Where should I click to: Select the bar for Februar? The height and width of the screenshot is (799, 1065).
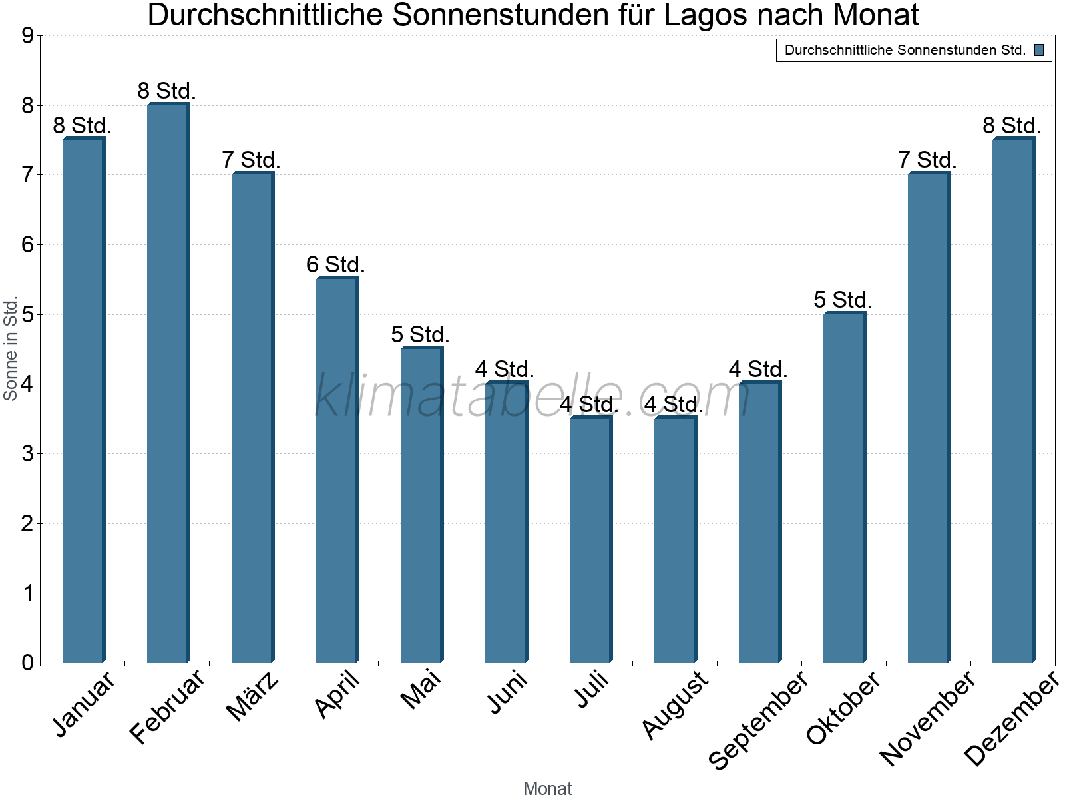[168, 383]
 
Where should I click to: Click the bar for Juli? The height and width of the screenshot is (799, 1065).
[590, 539]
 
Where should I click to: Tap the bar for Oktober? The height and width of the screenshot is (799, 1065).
[844, 487]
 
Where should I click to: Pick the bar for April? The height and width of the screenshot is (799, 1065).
[337, 470]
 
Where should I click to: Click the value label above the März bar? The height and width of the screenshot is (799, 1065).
[251, 160]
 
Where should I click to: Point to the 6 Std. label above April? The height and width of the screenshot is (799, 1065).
[335, 265]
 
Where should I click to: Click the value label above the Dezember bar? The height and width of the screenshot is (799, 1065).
[1012, 126]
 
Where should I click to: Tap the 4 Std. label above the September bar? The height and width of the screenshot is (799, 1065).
[758, 370]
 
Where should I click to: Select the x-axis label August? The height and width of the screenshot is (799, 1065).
[675, 704]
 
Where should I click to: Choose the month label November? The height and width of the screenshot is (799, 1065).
[927, 718]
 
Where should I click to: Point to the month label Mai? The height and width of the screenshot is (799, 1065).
[421, 690]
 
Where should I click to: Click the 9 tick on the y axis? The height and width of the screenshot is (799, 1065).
[27, 36]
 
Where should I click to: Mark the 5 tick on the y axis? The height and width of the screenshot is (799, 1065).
[27, 315]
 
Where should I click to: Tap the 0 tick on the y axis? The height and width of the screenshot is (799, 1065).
[27, 663]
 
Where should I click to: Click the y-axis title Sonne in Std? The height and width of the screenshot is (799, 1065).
[11, 348]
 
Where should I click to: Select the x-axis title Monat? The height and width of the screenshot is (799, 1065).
[547, 788]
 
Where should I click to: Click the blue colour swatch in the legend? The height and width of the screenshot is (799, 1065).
[1039, 50]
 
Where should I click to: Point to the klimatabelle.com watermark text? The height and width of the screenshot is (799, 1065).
[532, 396]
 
